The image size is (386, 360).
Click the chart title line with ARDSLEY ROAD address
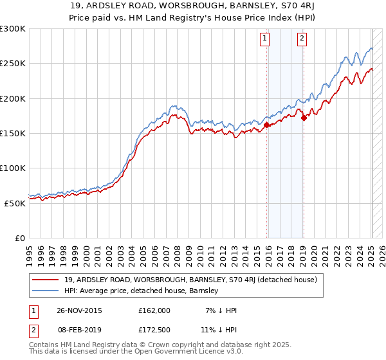[193, 6]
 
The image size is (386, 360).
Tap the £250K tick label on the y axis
[13, 64]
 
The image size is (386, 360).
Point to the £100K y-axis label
[13, 168]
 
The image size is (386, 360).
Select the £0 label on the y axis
[19, 238]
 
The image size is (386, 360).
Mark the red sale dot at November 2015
[266, 125]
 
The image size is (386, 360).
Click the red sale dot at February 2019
[303, 118]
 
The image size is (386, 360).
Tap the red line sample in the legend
[46, 280]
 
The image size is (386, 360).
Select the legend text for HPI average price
[142, 291]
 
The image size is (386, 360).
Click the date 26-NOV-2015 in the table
[79, 310]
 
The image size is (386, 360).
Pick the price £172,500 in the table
[154, 329]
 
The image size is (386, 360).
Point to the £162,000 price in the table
[154, 310]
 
